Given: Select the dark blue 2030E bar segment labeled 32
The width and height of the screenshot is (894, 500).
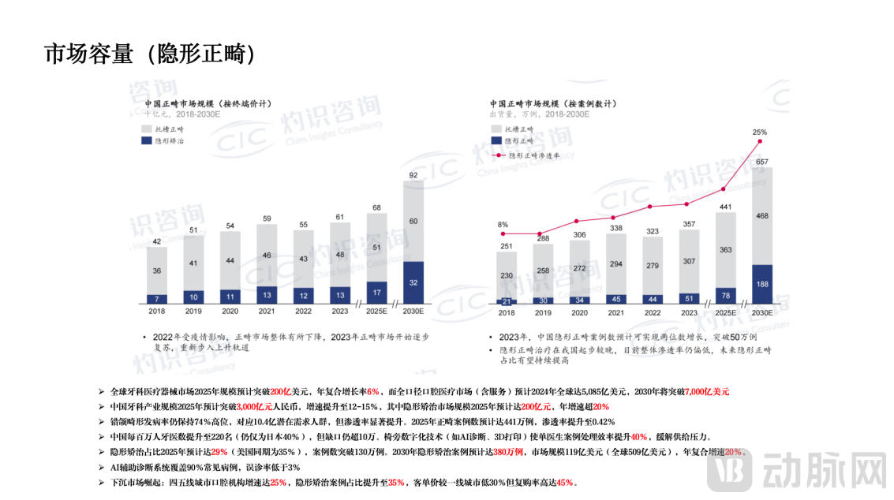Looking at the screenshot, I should pyautogui.click(x=413, y=282).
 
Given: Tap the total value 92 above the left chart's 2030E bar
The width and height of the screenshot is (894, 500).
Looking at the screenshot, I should pyautogui.click(x=413, y=174).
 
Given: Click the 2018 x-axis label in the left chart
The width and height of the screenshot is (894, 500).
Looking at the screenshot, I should pyautogui.click(x=157, y=312).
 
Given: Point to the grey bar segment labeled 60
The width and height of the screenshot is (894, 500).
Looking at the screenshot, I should pyautogui.click(x=413, y=221).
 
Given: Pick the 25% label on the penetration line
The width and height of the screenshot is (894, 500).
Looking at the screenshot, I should pyautogui.click(x=759, y=132).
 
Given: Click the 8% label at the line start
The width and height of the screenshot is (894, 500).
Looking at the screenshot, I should pyautogui.click(x=503, y=225).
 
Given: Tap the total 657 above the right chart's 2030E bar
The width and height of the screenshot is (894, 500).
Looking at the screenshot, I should pyautogui.click(x=762, y=162).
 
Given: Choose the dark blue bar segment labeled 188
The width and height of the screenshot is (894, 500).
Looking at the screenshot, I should pyautogui.click(x=762, y=284).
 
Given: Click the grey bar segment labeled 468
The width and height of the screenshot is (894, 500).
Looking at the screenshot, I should pyautogui.click(x=762, y=215).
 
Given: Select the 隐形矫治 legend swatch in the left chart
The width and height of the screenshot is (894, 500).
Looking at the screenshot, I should pyautogui.click(x=148, y=140).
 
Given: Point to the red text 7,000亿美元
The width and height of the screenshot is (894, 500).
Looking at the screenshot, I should pyautogui.click(x=707, y=391).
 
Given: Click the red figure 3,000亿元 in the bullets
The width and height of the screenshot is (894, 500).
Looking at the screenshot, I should pyautogui.click(x=255, y=406).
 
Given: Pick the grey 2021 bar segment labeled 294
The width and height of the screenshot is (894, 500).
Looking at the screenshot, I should pyautogui.click(x=616, y=263).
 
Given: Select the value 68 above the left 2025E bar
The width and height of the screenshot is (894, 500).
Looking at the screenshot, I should pyautogui.click(x=377, y=207).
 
